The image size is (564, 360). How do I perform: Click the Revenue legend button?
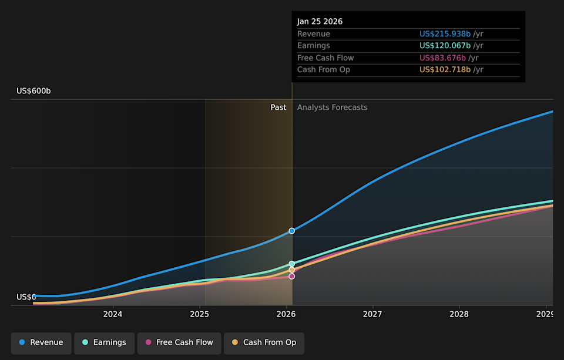tap(41, 342)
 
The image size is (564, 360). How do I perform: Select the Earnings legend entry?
tap(104, 342)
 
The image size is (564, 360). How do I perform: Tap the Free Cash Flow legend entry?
tap(179, 342)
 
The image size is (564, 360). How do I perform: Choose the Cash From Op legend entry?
tap(264, 342)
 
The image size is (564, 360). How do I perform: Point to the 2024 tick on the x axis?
tap(112, 314)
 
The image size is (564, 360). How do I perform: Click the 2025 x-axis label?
tap(199, 314)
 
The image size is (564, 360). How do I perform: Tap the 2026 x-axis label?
tap(286, 314)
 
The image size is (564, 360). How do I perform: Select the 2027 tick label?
tap(372, 314)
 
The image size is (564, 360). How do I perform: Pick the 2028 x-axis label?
tap(459, 314)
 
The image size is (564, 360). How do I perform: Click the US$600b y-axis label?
tap(33, 91)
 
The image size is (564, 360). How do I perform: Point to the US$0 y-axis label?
tap(26, 297)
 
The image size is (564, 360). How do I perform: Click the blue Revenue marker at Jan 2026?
tap(291, 231)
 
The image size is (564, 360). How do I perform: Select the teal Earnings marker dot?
tap(291, 264)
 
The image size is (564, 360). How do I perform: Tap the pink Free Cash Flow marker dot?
tap(291, 276)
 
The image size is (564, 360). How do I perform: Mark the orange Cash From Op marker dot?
tap(291, 270)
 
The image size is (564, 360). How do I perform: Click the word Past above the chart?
tap(278, 107)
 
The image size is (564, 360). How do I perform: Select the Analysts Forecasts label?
tap(332, 107)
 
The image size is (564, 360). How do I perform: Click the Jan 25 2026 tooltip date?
tap(320, 22)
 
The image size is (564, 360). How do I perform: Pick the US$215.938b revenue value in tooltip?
tap(445, 34)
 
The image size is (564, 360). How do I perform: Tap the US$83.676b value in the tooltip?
tap(442, 58)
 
